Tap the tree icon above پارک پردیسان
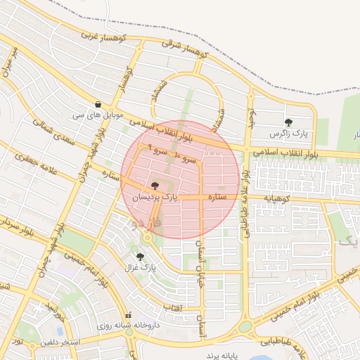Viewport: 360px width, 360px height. (155, 186)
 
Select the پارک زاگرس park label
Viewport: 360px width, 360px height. (288, 133)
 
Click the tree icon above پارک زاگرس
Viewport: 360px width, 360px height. (288, 122)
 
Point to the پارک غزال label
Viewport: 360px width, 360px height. (141, 268)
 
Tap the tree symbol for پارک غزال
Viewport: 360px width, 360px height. (141, 257)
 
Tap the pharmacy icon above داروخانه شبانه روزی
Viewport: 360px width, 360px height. (128, 316)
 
